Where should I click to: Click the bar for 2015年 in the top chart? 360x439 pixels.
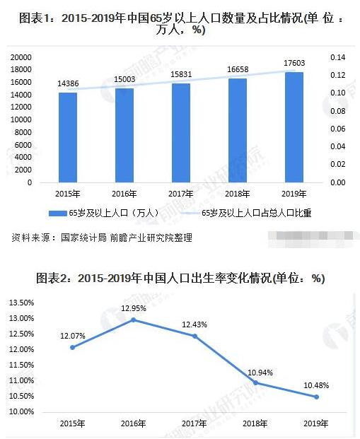point(67,137)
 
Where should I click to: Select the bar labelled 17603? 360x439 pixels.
point(295,127)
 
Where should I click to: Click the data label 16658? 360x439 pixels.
point(238,71)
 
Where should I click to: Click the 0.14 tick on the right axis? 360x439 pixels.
point(336,57)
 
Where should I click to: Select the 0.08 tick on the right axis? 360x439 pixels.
point(336,111)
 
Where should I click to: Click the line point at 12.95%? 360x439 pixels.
point(133,320)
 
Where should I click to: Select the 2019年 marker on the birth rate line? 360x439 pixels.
point(316,397)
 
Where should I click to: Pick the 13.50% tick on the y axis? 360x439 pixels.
point(22,303)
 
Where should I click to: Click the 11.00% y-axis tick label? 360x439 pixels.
point(22,381)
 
